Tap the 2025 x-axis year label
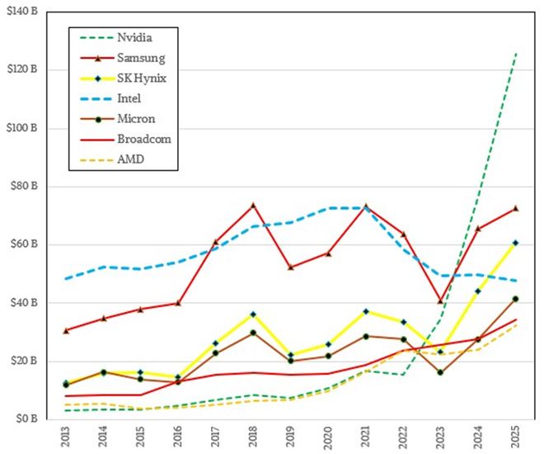pyautogui.click(x=515, y=437)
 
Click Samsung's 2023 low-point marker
pyautogui.click(x=440, y=301)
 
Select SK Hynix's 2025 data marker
pyautogui.click(x=515, y=243)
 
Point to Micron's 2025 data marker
pyautogui.click(x=515, y=299)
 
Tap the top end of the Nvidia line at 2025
pyautogui.click(x=515, y=54)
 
